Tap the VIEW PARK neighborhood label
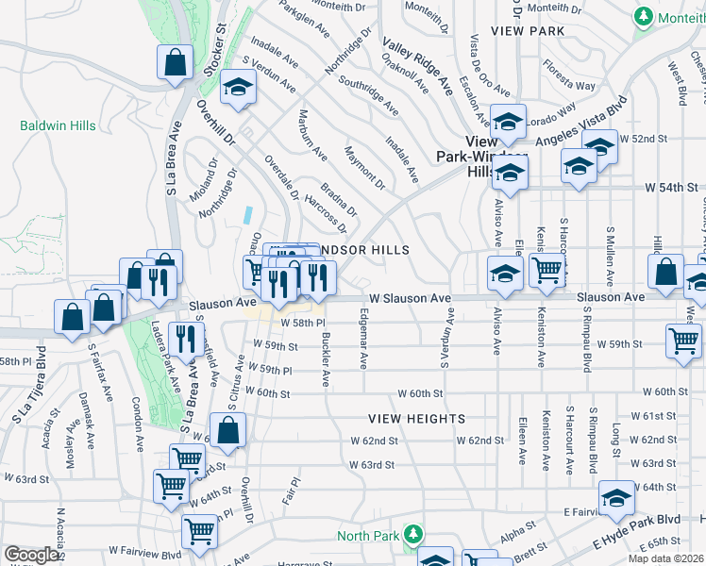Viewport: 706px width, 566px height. tap(534, 31)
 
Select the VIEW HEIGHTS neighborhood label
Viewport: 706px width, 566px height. tap(416, 418)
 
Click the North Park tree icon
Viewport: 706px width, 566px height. tap(412, 535)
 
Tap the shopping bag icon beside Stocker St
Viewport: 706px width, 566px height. tap(175, 63)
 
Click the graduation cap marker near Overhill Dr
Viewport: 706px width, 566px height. tap(239, 89)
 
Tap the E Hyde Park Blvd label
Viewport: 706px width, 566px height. tap(637, 533)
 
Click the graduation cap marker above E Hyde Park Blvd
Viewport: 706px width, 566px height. tap(616, 497)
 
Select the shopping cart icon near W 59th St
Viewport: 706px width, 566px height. tap(683, 341)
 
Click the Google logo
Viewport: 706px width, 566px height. tap(32, 555)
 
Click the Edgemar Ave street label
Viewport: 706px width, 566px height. tap(363, 342)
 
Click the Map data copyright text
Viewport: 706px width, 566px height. tap(665, 558)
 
